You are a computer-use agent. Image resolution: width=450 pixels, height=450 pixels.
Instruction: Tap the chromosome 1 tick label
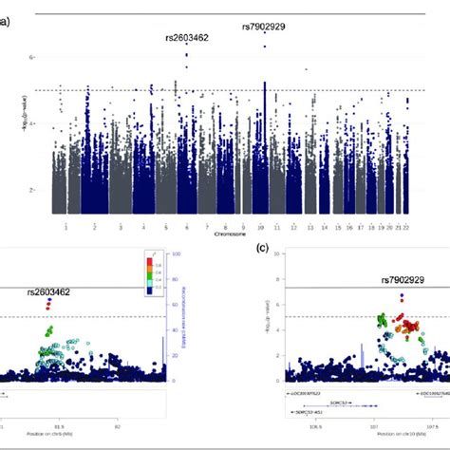point(65,228)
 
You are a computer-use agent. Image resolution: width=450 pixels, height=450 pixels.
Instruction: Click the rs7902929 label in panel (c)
point(403,280)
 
